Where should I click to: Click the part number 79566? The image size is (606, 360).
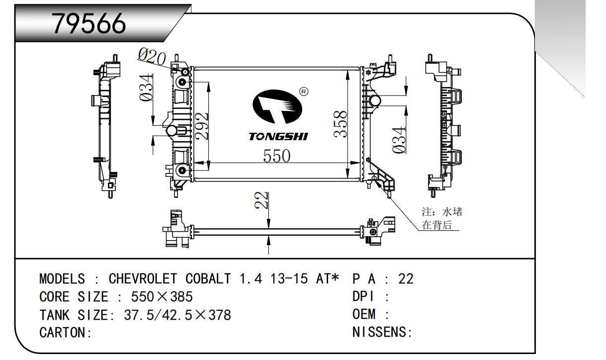[x=89, y=23]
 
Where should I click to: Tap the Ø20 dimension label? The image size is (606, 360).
[x=152, y=58]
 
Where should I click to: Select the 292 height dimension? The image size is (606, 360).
[x=201, y=127]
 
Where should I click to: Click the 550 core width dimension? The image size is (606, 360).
[x=276, y=156]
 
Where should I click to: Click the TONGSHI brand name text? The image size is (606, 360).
[x=278, y=136]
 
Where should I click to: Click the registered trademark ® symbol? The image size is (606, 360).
[x=304, y=91]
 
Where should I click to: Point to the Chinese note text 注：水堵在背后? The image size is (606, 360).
[x=441, y=218]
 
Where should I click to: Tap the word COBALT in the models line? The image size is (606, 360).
[x=208, y=279]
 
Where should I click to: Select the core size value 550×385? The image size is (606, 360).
[x=161, y=297]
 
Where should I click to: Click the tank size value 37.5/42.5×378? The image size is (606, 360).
[x=177, y=315]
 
